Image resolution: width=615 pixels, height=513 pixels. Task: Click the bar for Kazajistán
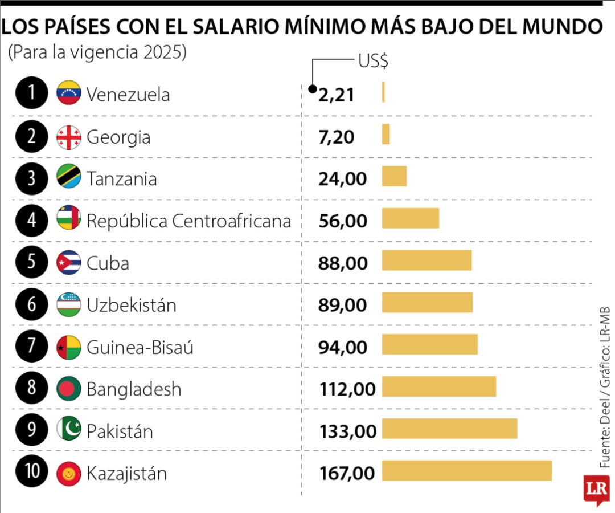point(466,471)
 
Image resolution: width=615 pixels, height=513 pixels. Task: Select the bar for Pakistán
point(449,429)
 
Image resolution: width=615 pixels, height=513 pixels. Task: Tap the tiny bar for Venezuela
point(383,92)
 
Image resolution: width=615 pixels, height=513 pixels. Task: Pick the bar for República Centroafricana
point(410,218)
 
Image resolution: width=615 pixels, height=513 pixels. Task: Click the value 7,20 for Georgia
point(336,137)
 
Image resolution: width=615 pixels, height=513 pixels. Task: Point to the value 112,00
point(347,389)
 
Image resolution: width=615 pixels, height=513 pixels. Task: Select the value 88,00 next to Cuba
point(343,263)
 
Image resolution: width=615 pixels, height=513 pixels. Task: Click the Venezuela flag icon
point(69,93)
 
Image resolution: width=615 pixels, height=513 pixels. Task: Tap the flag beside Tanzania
point(69,177)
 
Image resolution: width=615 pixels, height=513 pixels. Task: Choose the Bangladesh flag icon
point(69,389)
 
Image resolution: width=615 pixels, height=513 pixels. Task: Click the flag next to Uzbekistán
point(69,304)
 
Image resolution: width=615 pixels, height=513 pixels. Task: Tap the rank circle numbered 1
point(31,93)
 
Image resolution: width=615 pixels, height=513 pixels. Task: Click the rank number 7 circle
point(31,346)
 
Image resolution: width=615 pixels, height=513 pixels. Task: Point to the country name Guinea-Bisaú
point(140,347)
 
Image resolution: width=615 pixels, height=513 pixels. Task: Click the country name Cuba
point(108,263)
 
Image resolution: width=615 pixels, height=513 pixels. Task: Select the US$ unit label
point(373,61)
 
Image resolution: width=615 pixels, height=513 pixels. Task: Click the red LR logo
point(596,488)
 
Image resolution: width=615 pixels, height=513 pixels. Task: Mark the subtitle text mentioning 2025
point(97,52)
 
